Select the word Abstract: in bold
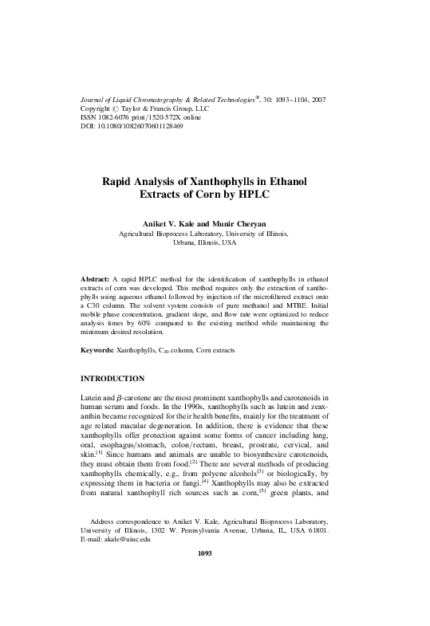pyautogui.click(x=100, y=279)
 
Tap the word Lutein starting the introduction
pyautogui.click(x=93, y=396)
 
